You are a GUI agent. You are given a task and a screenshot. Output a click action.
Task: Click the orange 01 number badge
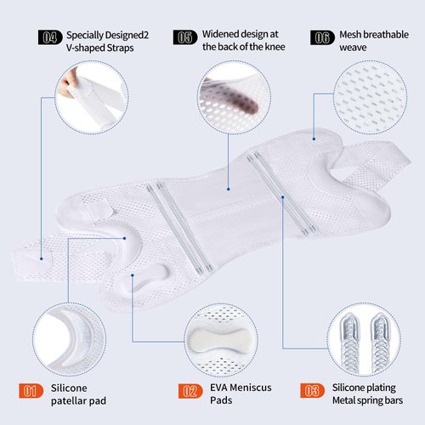31,391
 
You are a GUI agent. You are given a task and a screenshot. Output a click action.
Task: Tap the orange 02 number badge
190,391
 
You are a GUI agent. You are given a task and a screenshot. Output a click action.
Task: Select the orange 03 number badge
313,390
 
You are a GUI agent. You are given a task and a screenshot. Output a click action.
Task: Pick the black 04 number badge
50,37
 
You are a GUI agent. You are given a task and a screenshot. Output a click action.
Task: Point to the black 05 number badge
185,37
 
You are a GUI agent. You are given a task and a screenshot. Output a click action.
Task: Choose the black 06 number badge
322,37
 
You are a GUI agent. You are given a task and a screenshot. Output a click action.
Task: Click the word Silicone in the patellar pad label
69,388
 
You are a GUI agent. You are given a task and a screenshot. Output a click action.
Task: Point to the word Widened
220,34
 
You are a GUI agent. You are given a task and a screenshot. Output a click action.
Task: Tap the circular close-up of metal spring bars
364,339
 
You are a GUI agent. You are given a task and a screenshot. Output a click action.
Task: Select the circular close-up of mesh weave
371,97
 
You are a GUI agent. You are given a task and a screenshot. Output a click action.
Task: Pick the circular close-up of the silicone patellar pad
70,339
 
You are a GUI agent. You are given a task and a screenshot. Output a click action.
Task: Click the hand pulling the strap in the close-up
68,82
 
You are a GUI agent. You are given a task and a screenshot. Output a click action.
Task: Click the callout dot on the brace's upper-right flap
314,139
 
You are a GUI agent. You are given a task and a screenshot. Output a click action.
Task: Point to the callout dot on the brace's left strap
42,258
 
